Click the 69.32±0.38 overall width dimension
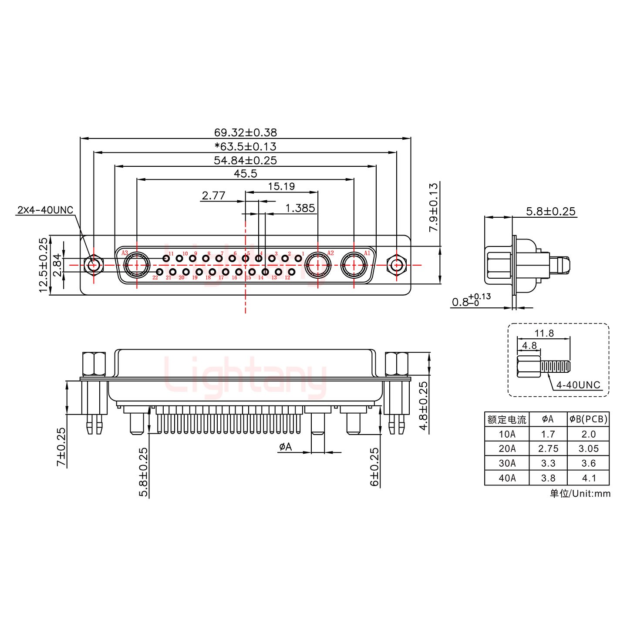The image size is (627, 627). click(x=245, y=132)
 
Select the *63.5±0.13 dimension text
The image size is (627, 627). click(x=245, y=146)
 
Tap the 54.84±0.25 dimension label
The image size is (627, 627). click(x=245, y=160)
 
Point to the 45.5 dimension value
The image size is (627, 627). click(x=245, y=174)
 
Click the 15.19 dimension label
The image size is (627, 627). click(x=281, y=186)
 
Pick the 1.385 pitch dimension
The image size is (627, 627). click(x=300, y=208)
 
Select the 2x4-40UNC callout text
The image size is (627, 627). click(x=45, y=210)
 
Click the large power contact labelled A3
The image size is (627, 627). click(x=137, y=265)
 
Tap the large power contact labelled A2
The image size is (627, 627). click(x=318, y=265)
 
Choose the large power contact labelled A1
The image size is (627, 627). click(x=354, y=265)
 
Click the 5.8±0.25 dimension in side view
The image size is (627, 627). click(x=550, y=212)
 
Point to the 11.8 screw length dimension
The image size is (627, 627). click(x=544, y=333)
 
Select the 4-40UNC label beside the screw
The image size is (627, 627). click(x=578, y=385)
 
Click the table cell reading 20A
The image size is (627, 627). click(x=506, y=448)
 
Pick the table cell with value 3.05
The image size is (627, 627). click(x=588, y=448)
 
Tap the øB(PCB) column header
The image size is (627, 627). click(x=588, y=419)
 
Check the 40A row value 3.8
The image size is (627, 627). click(x=548, y=478)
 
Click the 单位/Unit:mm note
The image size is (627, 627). click(x=580, y=493)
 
